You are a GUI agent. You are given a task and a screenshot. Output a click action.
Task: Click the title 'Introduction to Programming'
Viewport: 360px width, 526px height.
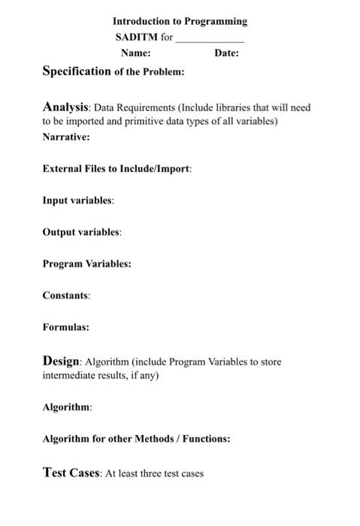(180, 21)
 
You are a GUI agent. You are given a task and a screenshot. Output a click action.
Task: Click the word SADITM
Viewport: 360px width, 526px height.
(136, 37)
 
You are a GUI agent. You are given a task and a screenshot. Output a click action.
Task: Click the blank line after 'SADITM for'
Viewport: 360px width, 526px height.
(210, 38)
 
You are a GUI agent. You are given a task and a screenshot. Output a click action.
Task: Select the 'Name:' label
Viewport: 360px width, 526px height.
(135, 53)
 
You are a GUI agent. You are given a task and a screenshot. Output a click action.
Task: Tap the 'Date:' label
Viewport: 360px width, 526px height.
(226, 53)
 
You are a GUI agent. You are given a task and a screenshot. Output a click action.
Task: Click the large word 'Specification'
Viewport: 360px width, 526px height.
(77, 71)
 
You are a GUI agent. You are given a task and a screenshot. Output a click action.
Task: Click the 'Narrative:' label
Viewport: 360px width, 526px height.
(66, 138)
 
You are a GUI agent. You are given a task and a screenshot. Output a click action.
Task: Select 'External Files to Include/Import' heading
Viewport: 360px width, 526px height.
(116, 168)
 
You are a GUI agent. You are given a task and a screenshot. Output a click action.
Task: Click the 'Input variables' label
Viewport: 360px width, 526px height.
(78, 201)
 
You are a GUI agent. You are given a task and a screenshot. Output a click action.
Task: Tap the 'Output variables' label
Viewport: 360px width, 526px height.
(82, 232)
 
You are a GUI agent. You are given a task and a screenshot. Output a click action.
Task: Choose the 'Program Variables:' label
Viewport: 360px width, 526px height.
(86, 264)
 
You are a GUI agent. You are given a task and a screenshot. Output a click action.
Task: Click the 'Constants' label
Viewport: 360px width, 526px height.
(66, 295)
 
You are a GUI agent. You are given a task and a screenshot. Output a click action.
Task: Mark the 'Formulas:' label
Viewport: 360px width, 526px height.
(65, 327)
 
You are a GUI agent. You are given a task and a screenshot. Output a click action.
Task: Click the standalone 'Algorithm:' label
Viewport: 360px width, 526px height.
(67, 407)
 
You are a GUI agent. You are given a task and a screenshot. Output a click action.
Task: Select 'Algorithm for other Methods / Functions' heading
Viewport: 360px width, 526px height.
(136, 438)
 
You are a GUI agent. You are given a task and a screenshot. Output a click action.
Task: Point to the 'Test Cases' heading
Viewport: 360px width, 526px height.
(71, 473)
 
